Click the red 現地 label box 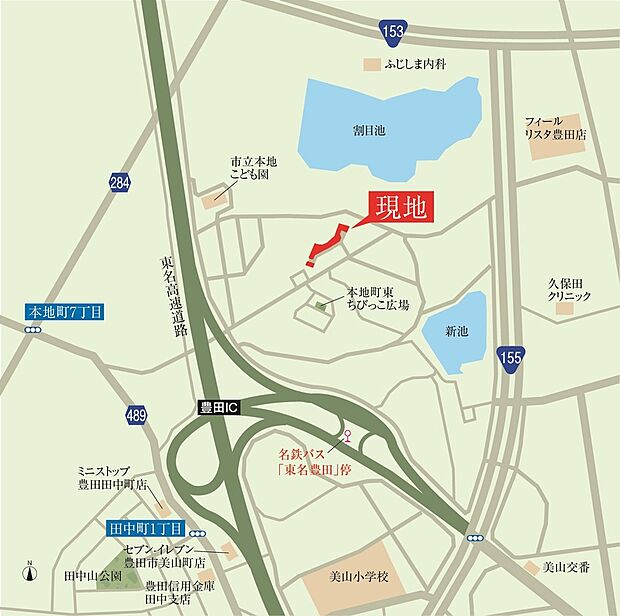[x=401, y=209]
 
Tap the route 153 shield [x=394, y=33]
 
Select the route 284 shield [x=120, y=183]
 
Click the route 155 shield [x=512, y=356]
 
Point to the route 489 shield [x=137, y=416]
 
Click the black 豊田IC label [x=217, y=408]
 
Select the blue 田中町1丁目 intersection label [x=145, y=527]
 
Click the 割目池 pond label [x=370, y=130]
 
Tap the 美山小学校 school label [x=365, y=576]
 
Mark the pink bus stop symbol [x=348, y=435]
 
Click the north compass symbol [x=30, y=574]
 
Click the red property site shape [x=325, y=245]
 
